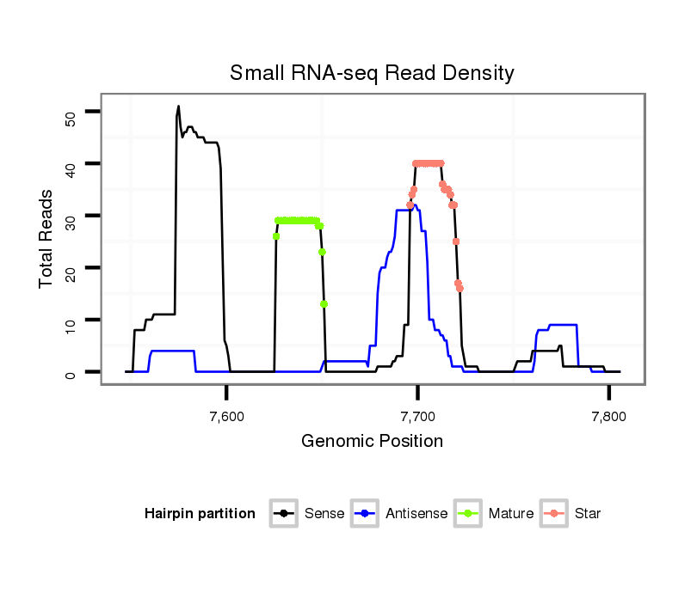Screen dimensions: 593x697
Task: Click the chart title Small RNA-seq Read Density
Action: [x=372, y=73]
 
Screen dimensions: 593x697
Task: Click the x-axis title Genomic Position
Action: [x=372, y=442]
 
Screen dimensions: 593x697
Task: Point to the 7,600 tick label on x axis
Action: [x=226, y=417]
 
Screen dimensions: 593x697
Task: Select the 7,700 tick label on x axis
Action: [x=417, y=417]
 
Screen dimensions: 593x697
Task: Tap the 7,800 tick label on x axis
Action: [x=608, y=417]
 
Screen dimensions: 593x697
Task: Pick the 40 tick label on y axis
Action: [x=71, y=165]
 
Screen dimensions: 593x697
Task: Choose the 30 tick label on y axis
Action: [x=71, y=217]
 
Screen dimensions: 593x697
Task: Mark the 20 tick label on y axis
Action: [x=71, y=269]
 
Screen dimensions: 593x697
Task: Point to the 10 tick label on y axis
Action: [x=71, y=321]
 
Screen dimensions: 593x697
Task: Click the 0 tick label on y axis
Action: [x=71, y=373]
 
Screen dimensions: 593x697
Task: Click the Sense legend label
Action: [x=324, y=514]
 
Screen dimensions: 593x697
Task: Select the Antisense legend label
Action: [x=416, y=514]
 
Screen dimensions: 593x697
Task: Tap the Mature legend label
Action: [x=511, y=514]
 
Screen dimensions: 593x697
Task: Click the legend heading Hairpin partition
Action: [x=200, y=514]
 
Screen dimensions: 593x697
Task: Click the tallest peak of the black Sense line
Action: [x=178, y=107]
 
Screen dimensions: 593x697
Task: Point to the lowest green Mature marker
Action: [x=324, y=303]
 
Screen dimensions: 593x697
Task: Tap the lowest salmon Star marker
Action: [x=460, y=288]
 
